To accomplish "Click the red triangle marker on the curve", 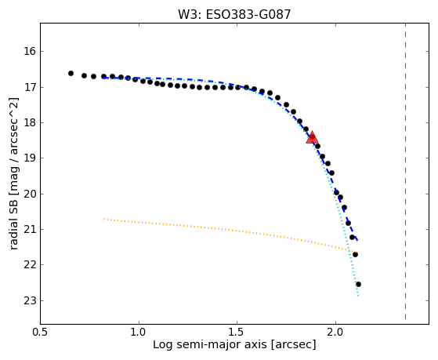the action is click(x=312, y=137).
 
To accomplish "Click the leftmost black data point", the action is click(x=71, y=73).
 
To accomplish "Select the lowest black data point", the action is click(x=358, y=284).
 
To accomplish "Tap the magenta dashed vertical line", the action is click(x=405, y=171).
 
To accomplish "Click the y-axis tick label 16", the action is click(x=30, y=52).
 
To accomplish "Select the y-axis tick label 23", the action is click(x=30, y=301).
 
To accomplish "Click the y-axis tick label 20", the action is click(x=30, y=195).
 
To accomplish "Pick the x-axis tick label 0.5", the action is click(x=41, y=333).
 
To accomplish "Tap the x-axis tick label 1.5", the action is click(x=237, y=333).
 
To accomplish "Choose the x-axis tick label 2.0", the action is click(x=336, y=333).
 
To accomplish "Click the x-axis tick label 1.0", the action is click(x=139, y=333).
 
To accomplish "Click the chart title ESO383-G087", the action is click(x=248, y=15).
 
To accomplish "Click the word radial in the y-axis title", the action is click(x=14, y=236).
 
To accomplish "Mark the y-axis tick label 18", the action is click(x=30, y=123).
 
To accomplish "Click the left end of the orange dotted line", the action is click(x=104, y=219).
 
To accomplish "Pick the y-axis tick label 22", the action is click(x=30, y=265).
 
